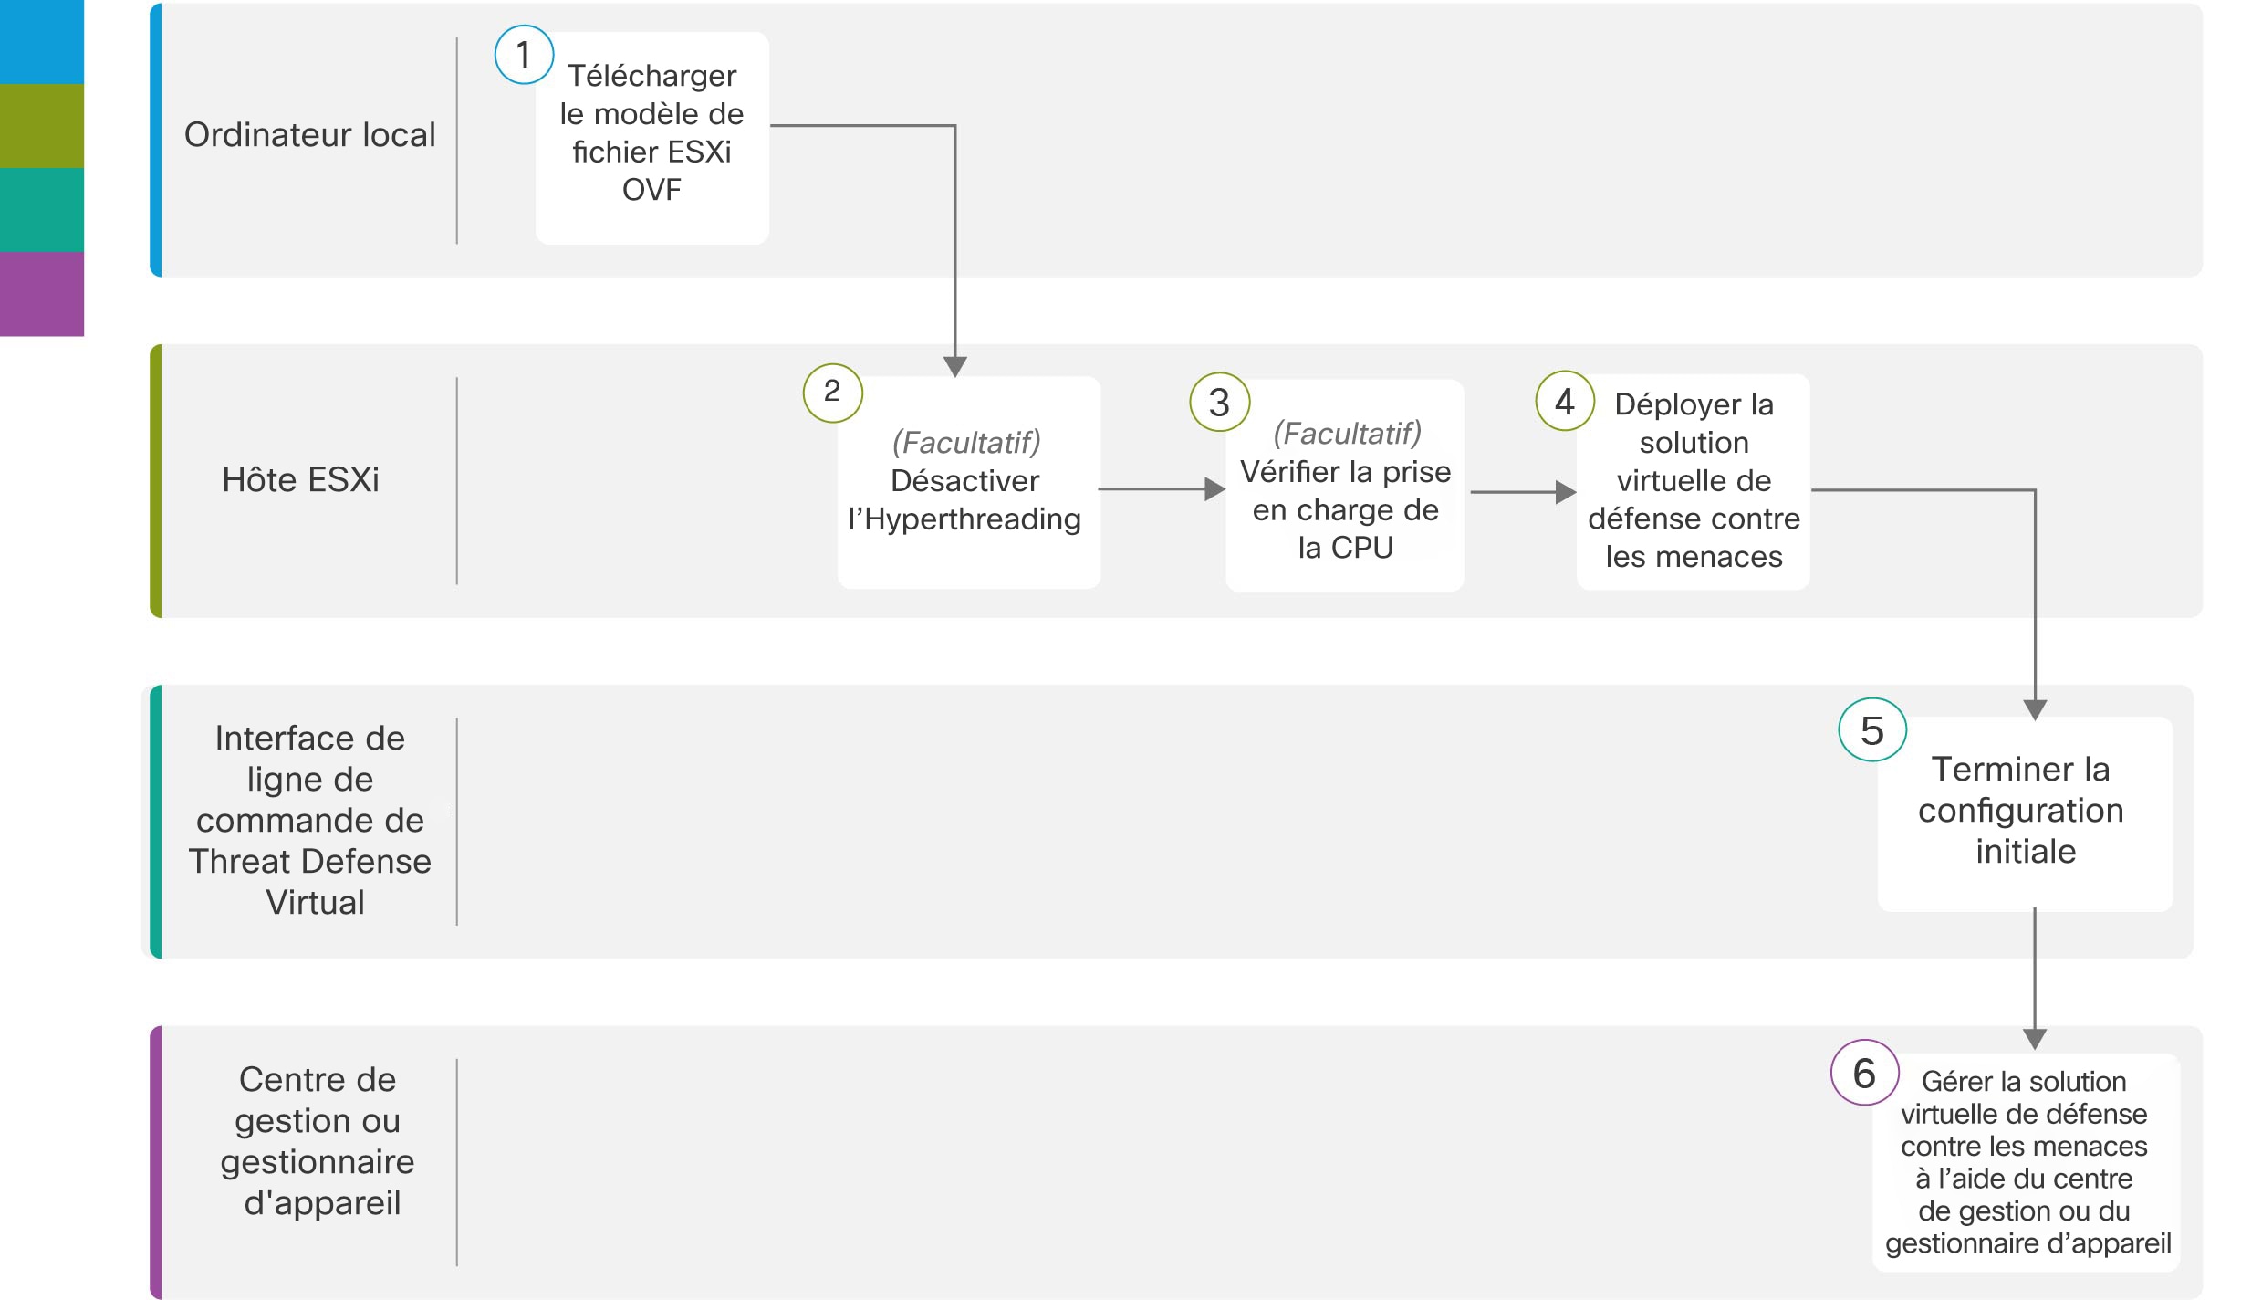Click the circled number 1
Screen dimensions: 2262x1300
tap(524, 55)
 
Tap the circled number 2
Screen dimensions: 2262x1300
tap(832, 393)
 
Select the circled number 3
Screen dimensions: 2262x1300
tap(1220, 403)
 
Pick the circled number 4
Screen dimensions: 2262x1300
tap(1565, 401)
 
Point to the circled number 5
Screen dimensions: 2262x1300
tap(1872, 730)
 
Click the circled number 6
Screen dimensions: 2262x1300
tap(1865, 1073)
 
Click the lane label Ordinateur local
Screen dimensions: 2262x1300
tap(310, 135)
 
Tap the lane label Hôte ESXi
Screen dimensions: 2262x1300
tap(300, 479)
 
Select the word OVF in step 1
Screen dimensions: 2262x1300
tap(651, 190)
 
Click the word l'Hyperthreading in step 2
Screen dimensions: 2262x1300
tap(964, 519)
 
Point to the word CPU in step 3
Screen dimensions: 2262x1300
tap(1361, 548)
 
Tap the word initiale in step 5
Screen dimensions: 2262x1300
tap(2026, 852)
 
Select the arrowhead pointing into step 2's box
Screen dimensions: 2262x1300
tap(955, 367)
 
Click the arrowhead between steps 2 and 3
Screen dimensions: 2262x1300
tap(1215, 489)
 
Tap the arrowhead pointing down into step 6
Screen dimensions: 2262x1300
tap(2035, 1040)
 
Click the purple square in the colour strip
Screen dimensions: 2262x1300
tap(42, 294)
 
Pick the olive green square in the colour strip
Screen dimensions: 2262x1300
tap(42, 126)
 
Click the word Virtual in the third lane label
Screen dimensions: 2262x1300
tap(316, 903)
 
